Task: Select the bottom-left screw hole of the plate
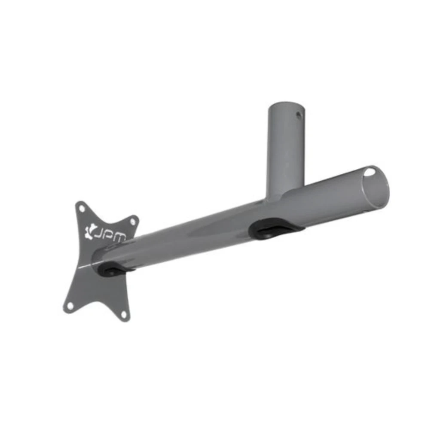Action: tap(70, 305)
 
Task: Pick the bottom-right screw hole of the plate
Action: tap(124, 314)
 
